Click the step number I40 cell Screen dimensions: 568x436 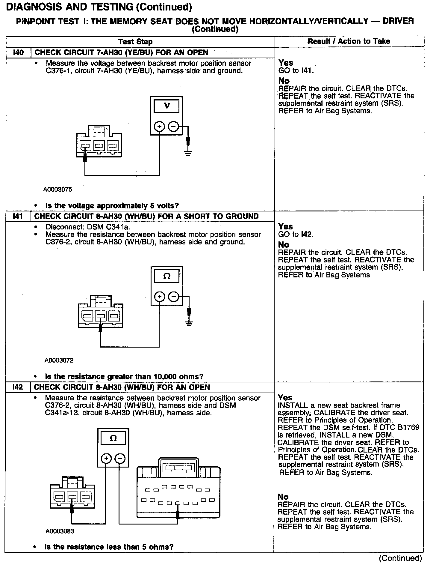tap(18, 52)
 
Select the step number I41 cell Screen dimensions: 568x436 tap(18, 216)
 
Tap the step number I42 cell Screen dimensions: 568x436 tap(18, 387)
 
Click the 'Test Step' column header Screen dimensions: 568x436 tap(135, 42)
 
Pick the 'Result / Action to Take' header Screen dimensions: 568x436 tap(349, 41)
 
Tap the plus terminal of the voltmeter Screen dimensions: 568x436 tap(159, 127)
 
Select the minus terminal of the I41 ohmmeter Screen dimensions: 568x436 tap(174, 297)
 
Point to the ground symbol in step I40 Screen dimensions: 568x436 tap(188, 153)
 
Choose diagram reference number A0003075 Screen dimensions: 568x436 tap(58, 190)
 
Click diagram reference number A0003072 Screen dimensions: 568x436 tap(59, 360)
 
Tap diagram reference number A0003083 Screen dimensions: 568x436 tap(60, 531)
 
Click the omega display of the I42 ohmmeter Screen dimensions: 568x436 tap(113, 438)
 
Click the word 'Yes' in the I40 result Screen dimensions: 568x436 tap(286, 63)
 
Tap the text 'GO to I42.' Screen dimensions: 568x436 tap(296, 234)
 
